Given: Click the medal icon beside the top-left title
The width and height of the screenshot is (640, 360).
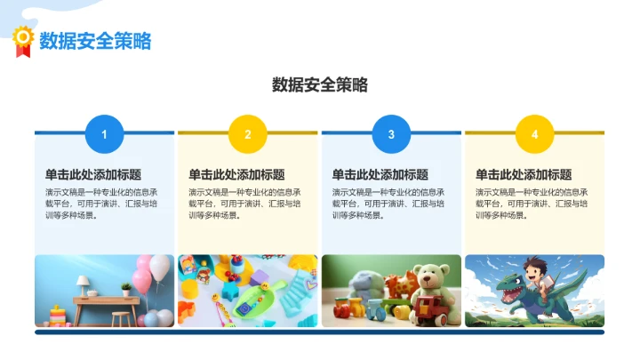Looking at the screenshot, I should pyautogui.click(x=22, y=40).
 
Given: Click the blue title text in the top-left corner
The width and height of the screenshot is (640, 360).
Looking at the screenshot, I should pyautogui.click(x=95, y=40).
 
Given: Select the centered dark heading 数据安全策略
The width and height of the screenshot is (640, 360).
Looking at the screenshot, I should pyautogui.click(x=319, y=85).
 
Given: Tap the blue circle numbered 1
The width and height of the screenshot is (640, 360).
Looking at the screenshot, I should pyautogui.click(x=105, y=134).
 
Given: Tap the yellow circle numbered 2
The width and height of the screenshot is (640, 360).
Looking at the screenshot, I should pyautogui.click(x=248, y=134).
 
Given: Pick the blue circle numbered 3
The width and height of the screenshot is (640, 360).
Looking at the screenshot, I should pyautogui.click(x=391, y=134).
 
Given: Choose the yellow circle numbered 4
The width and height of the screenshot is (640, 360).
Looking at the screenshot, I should pyautogui.click(x=534, y=134).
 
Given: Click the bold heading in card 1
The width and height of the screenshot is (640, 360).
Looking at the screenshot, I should pyautogui.click(x=93, y=175).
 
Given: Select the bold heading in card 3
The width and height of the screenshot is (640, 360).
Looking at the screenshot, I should pyautogui.click(x=380, y=175).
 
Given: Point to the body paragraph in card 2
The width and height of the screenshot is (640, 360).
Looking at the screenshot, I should pyautogui.click(x=245, y=204).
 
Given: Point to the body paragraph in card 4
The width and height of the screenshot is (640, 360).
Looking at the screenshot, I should pyautogui.click(x=532, y=204).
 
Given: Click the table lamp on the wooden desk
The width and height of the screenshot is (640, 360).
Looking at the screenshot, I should pyautogui.click(x=83, y=283).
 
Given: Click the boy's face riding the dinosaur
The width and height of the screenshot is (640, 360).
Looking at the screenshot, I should pyautogui.click(x=533, y=269).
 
